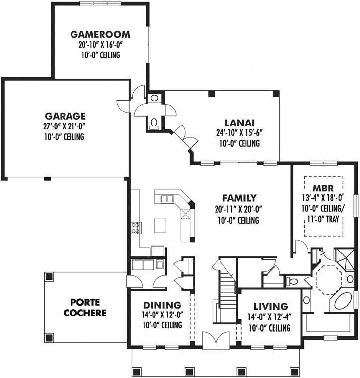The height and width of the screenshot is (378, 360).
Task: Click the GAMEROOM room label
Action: click(x=100, y=35)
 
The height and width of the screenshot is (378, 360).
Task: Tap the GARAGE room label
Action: click(x=64, y=116)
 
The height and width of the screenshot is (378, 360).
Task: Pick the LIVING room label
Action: click(x=270, y=307)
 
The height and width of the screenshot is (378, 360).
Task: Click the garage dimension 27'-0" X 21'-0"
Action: click(x=64, y=126)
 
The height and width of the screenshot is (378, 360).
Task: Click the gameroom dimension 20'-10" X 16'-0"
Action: click(x=100, y=45)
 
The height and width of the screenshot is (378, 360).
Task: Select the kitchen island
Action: click(x=161, y=226)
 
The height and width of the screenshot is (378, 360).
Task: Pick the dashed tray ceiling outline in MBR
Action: click(x=323, y=177)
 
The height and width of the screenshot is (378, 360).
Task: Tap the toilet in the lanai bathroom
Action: click(x=154, y=121)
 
